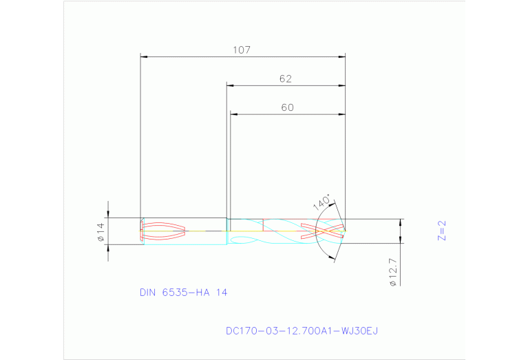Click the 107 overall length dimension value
tap(242, 50)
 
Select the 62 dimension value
tap(286, 79)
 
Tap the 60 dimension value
tap(287, 107)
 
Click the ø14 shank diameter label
tap(100, 232)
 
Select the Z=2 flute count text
tap(443, 231)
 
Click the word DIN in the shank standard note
tap(147, 293)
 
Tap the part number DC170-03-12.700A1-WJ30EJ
tap(302, 331)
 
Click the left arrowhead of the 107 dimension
tap(144, 56)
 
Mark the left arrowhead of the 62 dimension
tap(231, 86)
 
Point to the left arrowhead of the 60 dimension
tap(233, 114)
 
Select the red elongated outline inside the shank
tap(164, 232)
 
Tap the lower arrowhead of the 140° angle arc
tap(334, 257)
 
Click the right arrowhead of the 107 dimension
tap(342, 56)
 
